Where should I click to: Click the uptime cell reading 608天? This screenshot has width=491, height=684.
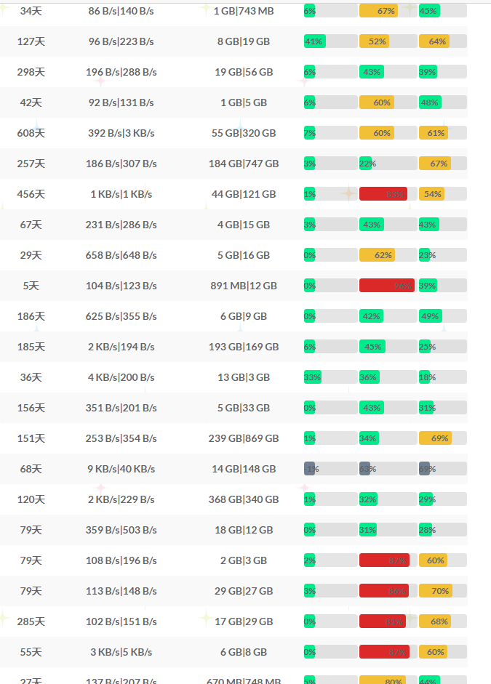pyautogui.click(x=31, y=133)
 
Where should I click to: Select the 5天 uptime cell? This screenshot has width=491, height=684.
pyautogui.click(x=31, y=286)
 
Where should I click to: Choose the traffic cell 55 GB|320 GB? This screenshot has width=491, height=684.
pyautogui.click(x=244, y=133)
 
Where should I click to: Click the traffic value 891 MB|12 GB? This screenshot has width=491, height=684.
pyautogui.click(x=244, y=286)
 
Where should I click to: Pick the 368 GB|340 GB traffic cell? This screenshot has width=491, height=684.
pyautogui.click(x=244, y=499)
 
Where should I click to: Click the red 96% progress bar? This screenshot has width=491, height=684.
pyautogui.click(x=386, y=286)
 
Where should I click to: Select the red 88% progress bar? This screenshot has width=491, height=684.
pyautogui.click(x=383, y=194)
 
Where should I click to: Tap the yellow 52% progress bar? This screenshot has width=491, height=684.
pyautogui.click(x=375, y=41)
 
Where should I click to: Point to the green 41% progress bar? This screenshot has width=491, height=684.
pyautogui.click(x=314, y=41)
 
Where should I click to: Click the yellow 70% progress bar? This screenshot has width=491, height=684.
pyautogui.click(x=436, y=591)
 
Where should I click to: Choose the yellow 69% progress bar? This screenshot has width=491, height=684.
pyautogui.click(x=435, y=438)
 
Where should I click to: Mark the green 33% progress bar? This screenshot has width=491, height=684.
pyautogui.click(x=312, y=377)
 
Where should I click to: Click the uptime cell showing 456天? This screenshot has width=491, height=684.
pyautogui.click(x=31, y=194)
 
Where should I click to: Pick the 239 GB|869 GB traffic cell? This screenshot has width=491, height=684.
pyautogui.click(x=244, y=438)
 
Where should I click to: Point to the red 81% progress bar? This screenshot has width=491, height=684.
pyautogui.click(x=382, y=621)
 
